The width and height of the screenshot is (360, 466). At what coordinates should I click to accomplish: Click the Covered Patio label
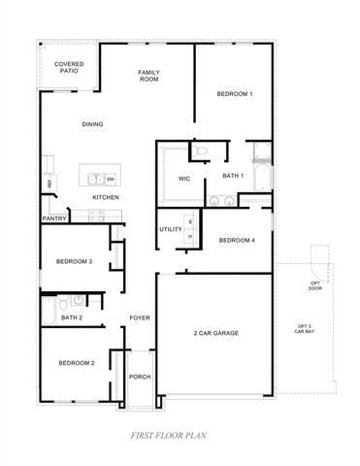coord(68,68)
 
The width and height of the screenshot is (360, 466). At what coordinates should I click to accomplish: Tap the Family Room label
coord(148,76)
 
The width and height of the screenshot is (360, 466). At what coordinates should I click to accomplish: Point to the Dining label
coord(93,123)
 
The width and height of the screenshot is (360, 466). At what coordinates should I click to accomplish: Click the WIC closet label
coord(184,179)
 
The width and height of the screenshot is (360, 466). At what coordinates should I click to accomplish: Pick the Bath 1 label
coord(232,176)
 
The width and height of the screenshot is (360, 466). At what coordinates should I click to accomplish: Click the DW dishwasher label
coord(111,180)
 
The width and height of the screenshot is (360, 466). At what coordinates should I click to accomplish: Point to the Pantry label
coord(53,219)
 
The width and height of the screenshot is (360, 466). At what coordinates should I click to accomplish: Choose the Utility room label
coord(171,229)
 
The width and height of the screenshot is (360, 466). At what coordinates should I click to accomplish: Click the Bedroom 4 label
coord(237,241)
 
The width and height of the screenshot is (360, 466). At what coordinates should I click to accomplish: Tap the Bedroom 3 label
coord(74,261)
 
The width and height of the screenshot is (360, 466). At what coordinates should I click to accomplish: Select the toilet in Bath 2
coord(78,302)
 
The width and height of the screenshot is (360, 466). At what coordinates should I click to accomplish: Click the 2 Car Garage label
coord(215,333)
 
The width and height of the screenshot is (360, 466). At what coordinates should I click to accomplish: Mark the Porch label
coord(140,377)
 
